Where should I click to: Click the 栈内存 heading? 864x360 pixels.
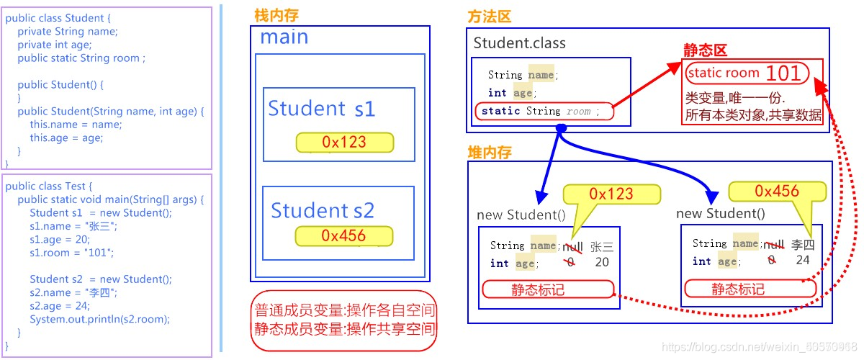point(278,16)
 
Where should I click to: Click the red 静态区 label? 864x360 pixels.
point(705,50)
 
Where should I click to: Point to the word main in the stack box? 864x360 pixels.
point(284,37)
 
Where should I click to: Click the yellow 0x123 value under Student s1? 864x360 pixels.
point(344,143)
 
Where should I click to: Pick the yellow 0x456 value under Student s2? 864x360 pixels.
point(343,236)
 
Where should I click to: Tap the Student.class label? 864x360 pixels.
point(519,43)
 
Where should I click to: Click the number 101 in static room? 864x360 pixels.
point(783,73)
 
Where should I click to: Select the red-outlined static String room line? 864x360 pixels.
point(544,112)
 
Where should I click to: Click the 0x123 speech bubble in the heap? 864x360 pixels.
point(611,194)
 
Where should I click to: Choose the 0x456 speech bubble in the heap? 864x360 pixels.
point(777,191)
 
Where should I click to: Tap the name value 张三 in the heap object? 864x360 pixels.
point(601,246)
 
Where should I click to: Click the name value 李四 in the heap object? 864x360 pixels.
point(803,244)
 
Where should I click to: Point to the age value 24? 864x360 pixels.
point(803,261)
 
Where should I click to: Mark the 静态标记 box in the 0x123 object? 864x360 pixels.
point(548,289)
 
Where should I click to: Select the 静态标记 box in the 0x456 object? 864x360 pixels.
point(750,289)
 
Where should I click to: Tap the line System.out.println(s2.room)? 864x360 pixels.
point(99,319)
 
